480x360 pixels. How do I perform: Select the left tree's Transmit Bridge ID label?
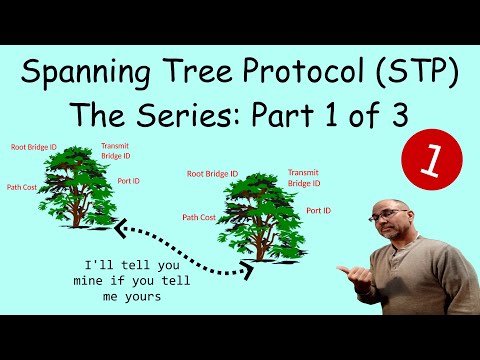(115, 150)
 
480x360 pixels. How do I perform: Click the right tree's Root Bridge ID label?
(212, 173)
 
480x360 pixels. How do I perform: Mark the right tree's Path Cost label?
(199, 216)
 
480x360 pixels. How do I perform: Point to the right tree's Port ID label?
(319, 210)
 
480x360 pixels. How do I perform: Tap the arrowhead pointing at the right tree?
(246, 269)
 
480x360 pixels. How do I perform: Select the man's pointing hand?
(346, 271)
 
